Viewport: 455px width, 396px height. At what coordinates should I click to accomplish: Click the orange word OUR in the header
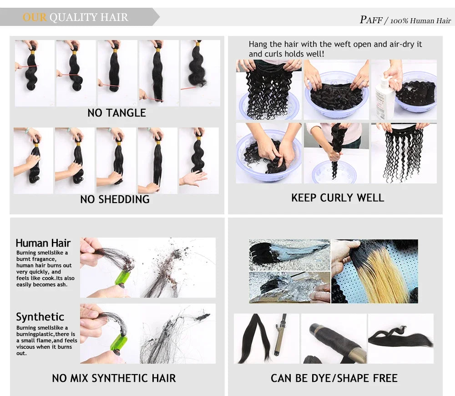click(35, 17)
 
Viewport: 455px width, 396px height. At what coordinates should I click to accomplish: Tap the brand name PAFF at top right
click(371, 20)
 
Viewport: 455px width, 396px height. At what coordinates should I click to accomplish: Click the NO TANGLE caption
click(116, 112)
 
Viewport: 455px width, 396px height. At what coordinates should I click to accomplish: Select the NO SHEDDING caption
click(115, 199)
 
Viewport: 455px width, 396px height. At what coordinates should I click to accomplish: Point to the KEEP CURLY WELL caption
click(338, 198)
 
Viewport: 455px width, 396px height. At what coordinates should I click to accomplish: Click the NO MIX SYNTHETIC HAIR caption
click(114, 378)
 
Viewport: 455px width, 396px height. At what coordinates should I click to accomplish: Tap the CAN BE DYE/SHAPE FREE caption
click(334, 378)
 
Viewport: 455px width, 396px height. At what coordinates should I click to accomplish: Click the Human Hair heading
click(43, 243)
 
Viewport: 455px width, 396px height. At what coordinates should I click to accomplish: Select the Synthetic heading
click(40, 317)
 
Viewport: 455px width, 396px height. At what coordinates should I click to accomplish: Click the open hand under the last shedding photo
click(194, 178)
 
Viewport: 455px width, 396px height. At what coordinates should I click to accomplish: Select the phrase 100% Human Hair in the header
click(420, 21)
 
